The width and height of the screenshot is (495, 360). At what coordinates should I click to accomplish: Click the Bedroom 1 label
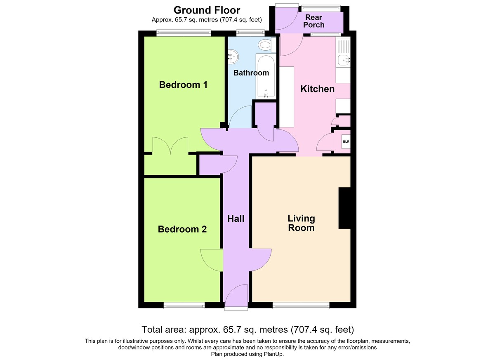click(183, 85)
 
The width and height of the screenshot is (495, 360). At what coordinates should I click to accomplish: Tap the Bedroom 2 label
click(182, 229)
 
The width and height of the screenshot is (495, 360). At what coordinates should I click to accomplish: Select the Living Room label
click(301, 223)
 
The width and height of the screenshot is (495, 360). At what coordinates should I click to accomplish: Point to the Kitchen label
click(317, 89)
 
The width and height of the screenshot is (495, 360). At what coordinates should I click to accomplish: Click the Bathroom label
click(251, 73)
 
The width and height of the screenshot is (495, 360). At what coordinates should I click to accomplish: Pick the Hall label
click(236, 219)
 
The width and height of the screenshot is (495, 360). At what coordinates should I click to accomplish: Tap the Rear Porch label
click(313, 21)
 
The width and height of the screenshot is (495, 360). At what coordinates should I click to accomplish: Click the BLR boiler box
click(346, 141)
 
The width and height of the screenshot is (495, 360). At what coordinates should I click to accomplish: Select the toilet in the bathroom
click(267, 45)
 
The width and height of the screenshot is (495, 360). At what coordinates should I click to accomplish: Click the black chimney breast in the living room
click(344, 208)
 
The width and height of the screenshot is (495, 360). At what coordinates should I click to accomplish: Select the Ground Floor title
click(207, 10)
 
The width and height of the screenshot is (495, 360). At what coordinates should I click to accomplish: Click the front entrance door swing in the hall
click(236, 295)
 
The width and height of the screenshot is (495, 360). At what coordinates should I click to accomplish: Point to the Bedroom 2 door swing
click(212, 260)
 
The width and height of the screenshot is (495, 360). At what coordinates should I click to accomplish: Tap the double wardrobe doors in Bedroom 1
click(170, 146)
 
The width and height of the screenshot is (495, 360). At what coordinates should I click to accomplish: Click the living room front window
click(301, 306)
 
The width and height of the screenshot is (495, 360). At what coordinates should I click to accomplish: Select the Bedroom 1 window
click(184, 33)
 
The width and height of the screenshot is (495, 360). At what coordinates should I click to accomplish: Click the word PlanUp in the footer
click(273, 354)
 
